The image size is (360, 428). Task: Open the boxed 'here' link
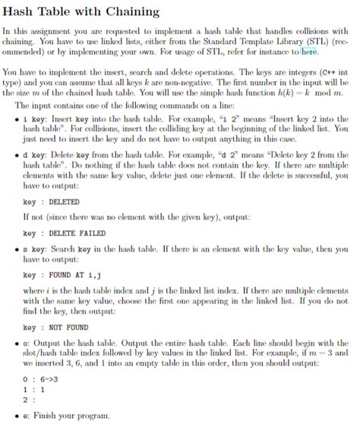tap(308, 52)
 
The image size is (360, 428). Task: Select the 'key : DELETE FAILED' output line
tap(65, 232)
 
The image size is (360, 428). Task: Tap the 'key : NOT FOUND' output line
tap(58, 327)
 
